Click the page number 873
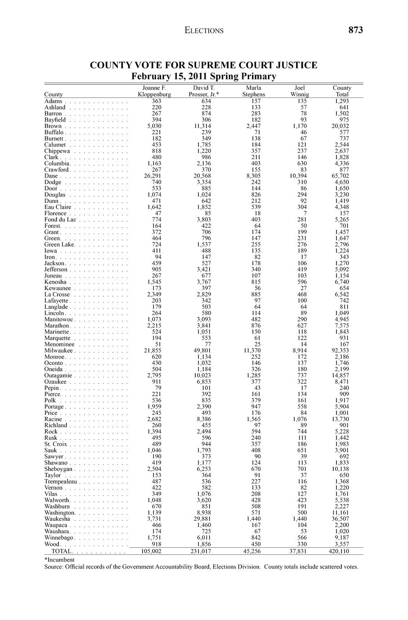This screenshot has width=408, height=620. pyautogui.click(x=355, y=30)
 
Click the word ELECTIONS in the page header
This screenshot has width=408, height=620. pyautogui.click(x=204, y=31)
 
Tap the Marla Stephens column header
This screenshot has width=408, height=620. pyautogui.click(x=254, y=91)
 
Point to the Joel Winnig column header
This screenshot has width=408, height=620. pyautogui.click(x=300, y=91)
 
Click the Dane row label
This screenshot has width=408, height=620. pyautogui.click(x=50, y=176)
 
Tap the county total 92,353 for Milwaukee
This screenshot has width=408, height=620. pyautogui.click(x=340, y=350)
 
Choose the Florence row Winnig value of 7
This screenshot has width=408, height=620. pyautogui.click(x=305, y=213)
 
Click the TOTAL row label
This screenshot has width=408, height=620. pyautogui.click(x=62, y=551)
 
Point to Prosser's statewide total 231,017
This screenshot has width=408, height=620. pyautogui.click(x=201, y=551)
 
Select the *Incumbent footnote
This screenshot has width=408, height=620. pyautogui.click(x=59, y=560)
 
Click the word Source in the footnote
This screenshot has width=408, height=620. pyautogui.click(x=53, y=567)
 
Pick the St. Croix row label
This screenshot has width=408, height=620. pyautogui.click(x=56, y=444)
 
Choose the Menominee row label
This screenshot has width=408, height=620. pyautogui.click(x=59, y=344)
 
